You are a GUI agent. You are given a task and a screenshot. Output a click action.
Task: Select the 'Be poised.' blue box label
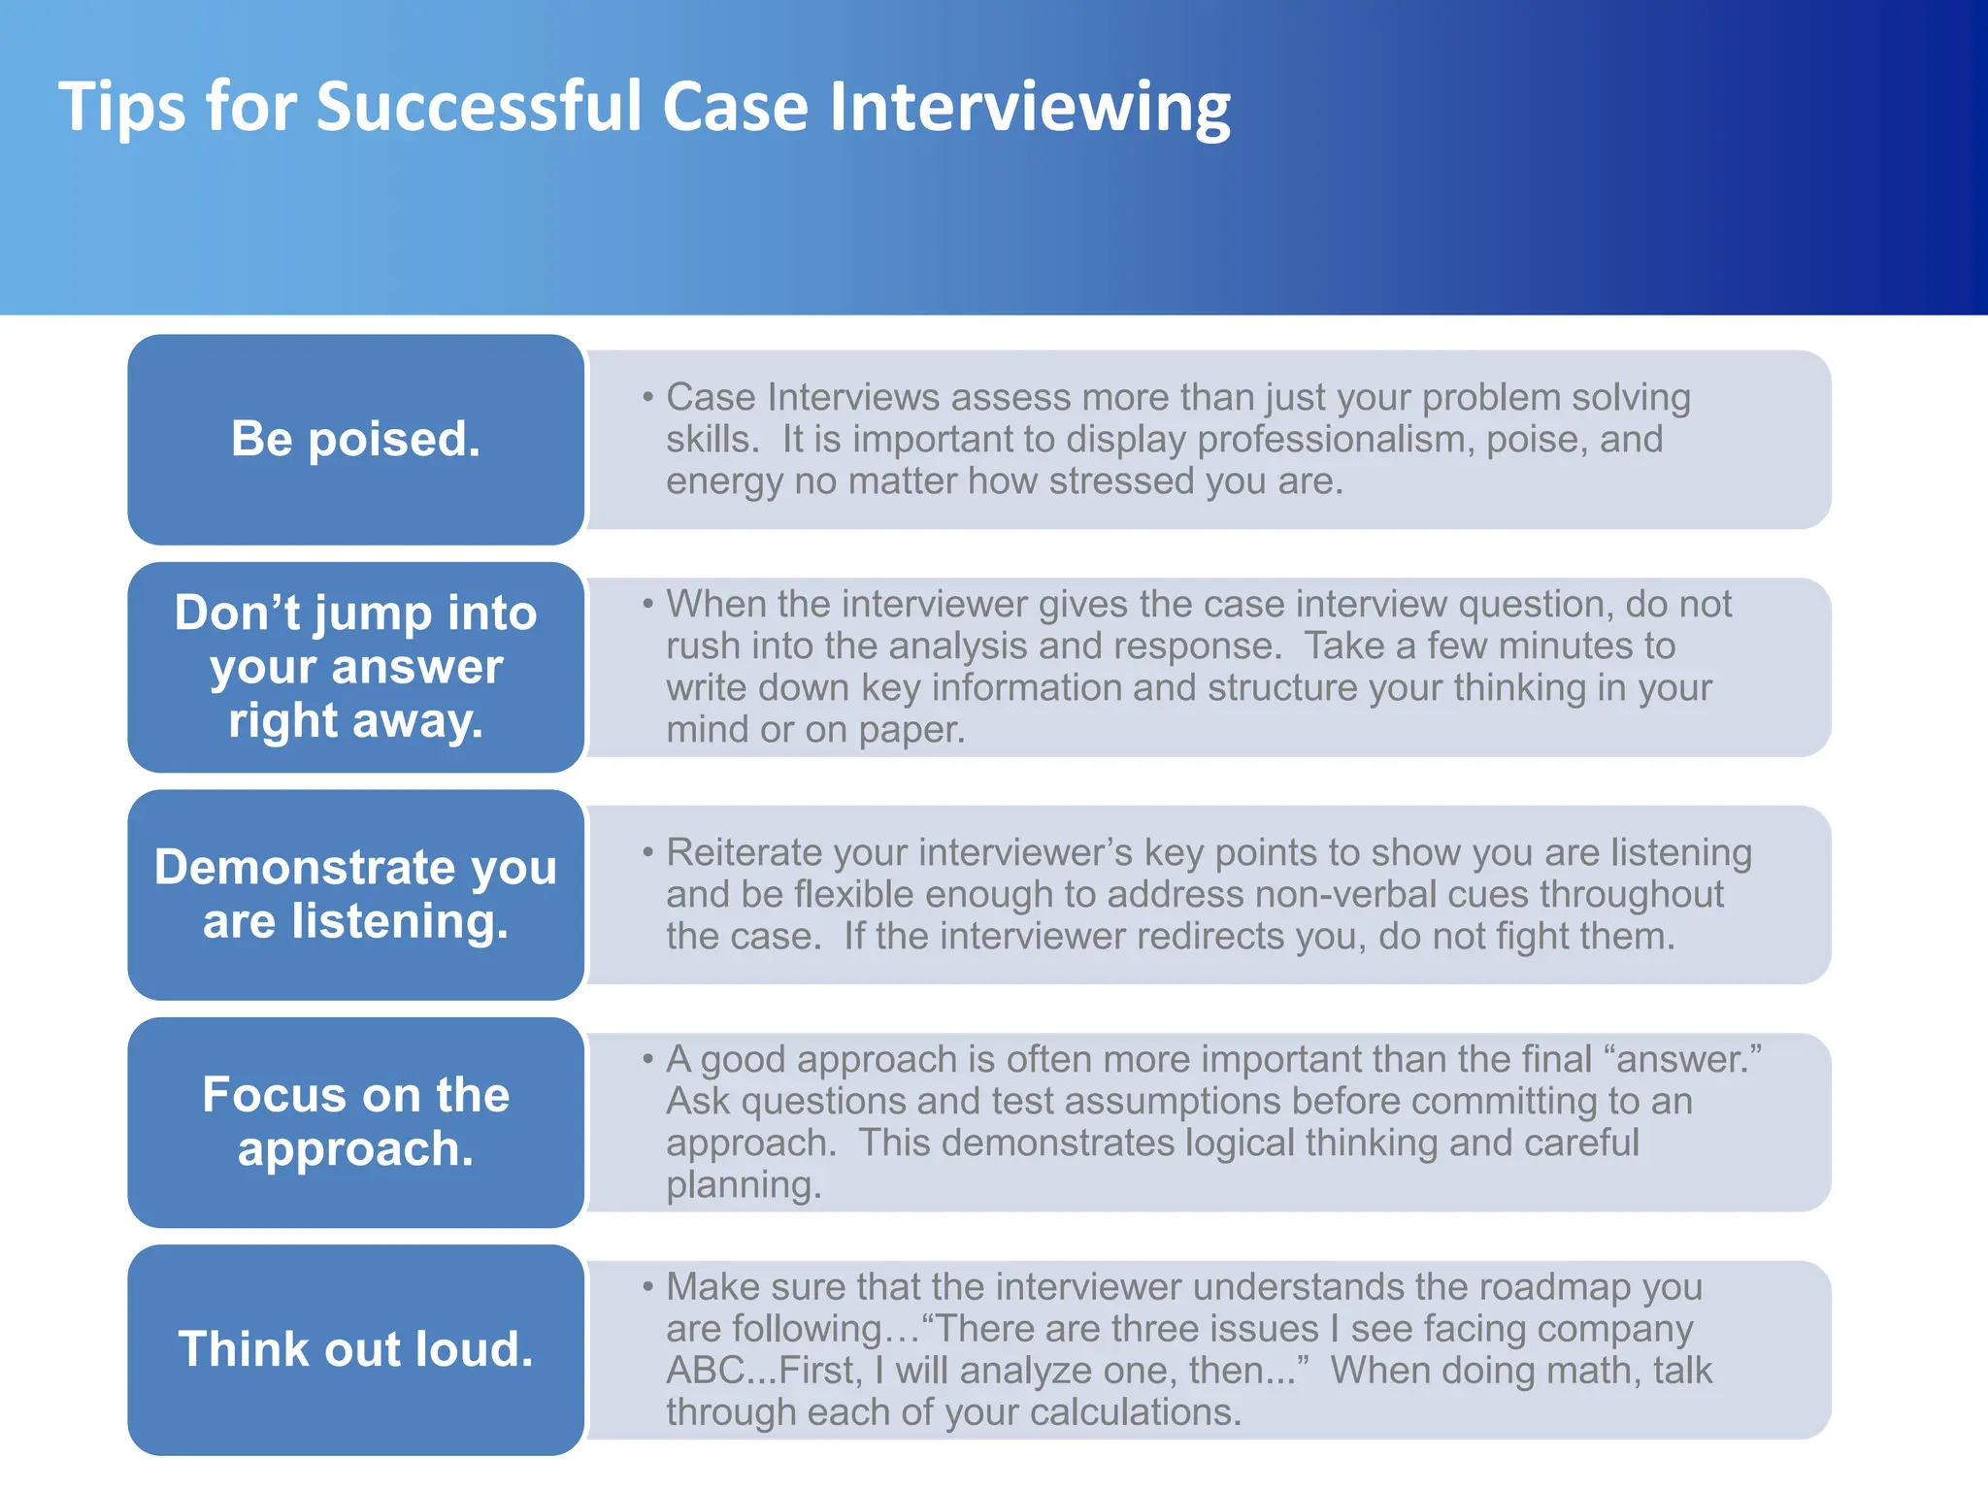tap(355, 439)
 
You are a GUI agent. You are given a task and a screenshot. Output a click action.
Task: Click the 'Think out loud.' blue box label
tap(355, 1349)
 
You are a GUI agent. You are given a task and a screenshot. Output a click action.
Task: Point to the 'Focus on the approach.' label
tap(355, 1121)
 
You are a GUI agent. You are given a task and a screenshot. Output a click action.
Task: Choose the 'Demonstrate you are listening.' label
tap(355, 894)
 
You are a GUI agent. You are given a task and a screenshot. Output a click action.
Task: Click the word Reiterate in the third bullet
tap(744, 852)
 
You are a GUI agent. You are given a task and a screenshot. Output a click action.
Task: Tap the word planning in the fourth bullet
tap(743, 1185)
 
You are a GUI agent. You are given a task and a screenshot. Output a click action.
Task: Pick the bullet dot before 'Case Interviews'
tap(647, 397)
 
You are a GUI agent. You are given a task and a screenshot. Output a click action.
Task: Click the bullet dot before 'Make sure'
tap(647, 1287)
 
